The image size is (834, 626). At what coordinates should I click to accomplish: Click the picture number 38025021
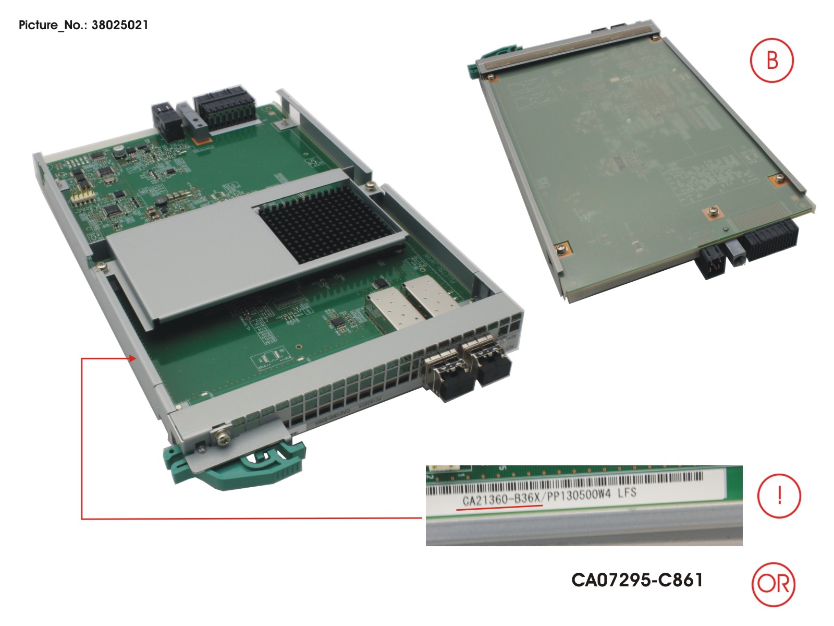click(120, 25)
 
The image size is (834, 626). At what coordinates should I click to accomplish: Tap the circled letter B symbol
click(772, 60)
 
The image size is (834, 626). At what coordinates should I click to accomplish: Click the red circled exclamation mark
click(779, 495)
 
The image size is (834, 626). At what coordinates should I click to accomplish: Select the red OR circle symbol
click(774, 584)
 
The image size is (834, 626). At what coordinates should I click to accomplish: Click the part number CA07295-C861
click(637, 580)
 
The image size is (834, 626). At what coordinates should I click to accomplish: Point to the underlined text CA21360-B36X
click(501, 499)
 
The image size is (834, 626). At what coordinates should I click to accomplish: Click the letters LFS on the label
click(627, 493)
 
